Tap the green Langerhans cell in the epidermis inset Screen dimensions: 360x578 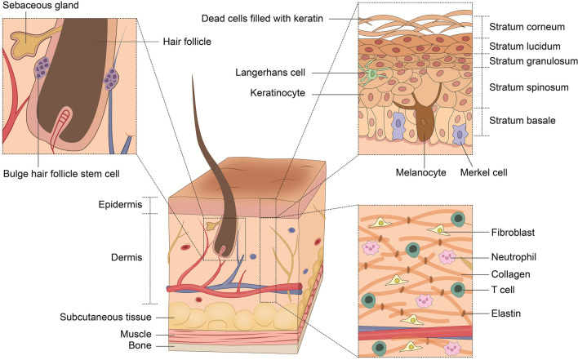click(374, 74)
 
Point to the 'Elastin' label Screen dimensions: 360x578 click(511, 312)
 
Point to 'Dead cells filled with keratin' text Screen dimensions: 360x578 click(270, 19)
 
